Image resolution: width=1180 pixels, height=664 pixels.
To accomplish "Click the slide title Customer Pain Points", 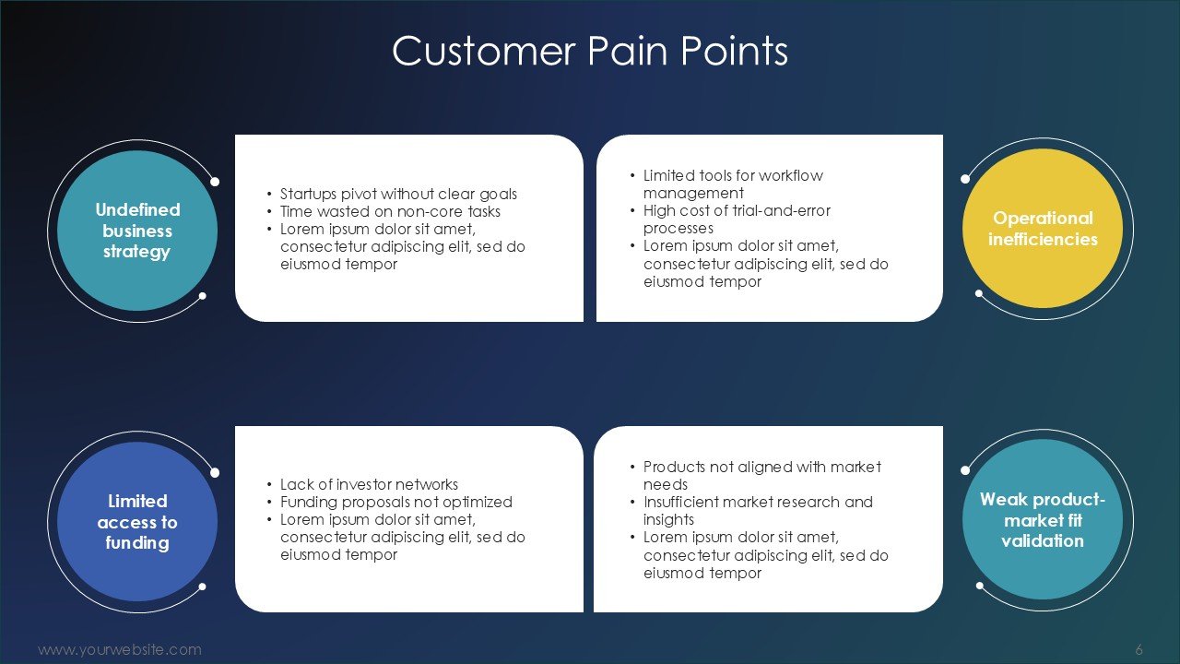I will click(590, 52).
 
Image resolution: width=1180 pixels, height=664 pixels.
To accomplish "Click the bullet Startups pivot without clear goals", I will click(398, 194).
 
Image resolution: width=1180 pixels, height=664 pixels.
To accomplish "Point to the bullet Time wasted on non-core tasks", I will click(390, 211).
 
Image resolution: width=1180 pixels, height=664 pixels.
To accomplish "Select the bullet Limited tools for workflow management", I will click(732, 184).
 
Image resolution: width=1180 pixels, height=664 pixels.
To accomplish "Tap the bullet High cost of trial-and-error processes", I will click(736, 219).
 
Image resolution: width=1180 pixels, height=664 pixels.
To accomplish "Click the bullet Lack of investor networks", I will click(369, 484).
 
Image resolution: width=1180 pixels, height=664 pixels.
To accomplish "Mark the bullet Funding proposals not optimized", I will click(395, 502).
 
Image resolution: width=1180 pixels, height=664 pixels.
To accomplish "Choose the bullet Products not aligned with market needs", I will click(761, 476).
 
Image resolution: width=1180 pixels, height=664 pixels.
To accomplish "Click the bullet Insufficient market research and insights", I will click(757, 511).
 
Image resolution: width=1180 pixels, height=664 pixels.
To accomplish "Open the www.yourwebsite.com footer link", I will click(119, 649).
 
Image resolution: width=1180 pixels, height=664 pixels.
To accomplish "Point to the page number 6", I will click(1139, 649).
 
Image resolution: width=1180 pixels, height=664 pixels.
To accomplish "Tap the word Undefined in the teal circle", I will click(137, 210).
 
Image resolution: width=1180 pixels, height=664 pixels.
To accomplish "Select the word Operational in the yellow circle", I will click(1043, 219).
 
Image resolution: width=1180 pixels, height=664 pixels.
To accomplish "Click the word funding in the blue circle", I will click(137, 542).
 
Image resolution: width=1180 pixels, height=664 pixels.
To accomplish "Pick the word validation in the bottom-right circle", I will click(1043, 540).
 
